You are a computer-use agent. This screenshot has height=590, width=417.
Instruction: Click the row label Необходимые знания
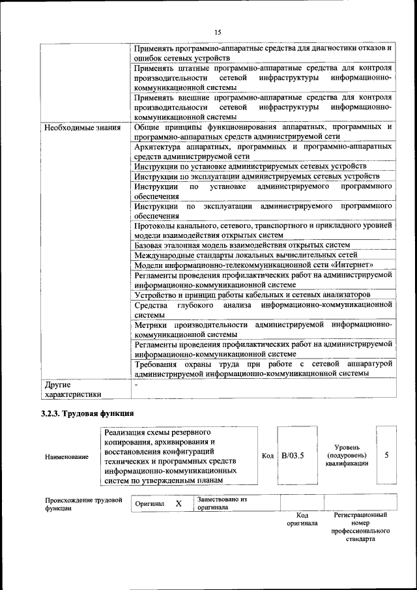point(82,128)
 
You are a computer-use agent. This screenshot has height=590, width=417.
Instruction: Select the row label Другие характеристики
point(73,389)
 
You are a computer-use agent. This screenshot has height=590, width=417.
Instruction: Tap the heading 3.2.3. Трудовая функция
point(87,413)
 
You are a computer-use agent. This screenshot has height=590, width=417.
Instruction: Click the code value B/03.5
point(293,455)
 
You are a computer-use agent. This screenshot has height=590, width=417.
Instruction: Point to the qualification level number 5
point(386,455)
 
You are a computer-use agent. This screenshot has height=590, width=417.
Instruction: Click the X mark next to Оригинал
point(178,504)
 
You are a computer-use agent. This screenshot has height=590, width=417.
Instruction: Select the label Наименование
point(66,456)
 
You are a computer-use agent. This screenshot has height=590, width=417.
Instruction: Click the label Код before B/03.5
point(267,455)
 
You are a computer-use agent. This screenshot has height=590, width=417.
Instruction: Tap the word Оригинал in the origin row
point(150,505)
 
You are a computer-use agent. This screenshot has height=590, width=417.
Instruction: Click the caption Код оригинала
point(302,519)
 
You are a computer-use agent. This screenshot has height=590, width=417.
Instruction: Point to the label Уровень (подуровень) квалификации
point(347,455)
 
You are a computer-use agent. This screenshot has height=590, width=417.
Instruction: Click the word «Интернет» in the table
point(352,265)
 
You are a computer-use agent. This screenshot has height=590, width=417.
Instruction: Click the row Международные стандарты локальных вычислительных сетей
point(246,255)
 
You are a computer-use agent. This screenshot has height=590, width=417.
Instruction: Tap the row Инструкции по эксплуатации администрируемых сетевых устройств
point(257,176)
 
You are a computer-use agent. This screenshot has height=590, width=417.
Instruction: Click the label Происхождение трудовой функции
point(83,504)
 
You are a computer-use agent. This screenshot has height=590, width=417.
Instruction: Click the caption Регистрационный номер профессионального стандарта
point(360,527)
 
